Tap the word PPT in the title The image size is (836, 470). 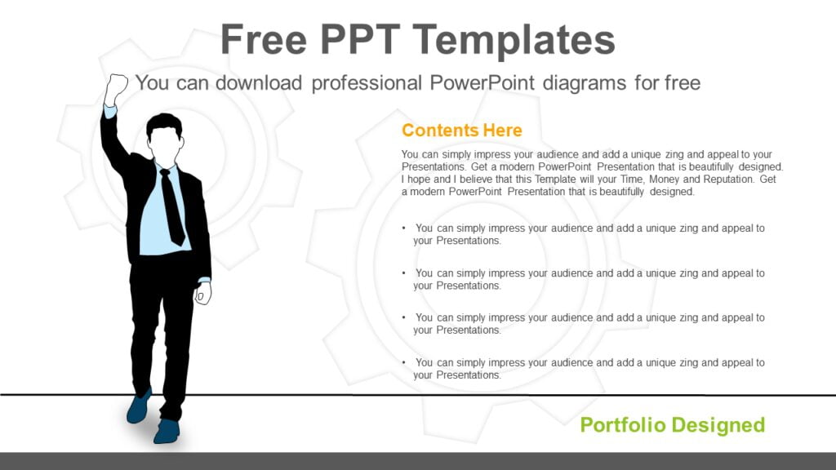click(x=369, y=40)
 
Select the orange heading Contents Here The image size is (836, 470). click(x=461, y=131)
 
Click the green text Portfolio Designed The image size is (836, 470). click(x=672, y=424)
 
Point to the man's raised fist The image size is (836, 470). click(x=115, y=87)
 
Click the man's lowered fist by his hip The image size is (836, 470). click(x=202, y=292)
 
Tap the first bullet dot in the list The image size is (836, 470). click(x=405, y=228)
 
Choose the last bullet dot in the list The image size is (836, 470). click(x=405, y=362)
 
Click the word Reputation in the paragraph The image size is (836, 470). click(x=726, y=179)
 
